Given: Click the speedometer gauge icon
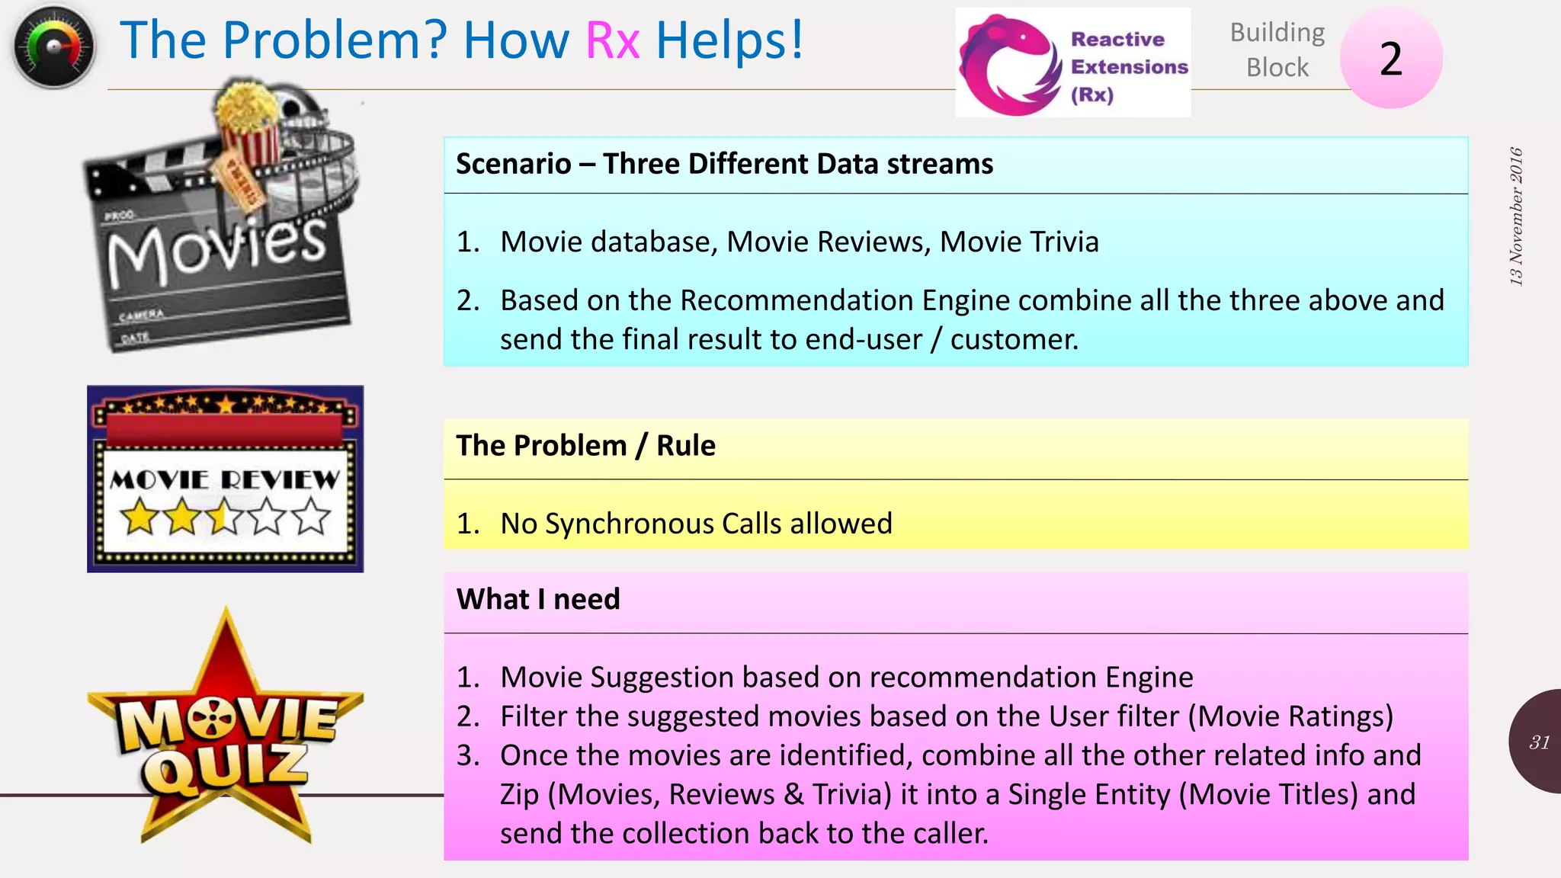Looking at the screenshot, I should pos(53,46).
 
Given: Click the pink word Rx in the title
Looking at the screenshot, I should pos(612,40).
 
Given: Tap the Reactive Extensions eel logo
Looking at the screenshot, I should pos(1009,66).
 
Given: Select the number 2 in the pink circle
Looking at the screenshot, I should pos(1391,59).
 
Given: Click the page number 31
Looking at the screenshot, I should pos(1539,742).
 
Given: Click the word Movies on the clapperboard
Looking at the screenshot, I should pos(217,248).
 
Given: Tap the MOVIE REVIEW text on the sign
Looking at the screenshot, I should pos(225,479).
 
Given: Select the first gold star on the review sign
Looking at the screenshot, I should pos(140,518).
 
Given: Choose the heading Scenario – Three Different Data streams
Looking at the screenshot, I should pos(724,164).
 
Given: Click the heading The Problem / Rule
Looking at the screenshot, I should pos(585,446).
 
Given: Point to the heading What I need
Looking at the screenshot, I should pos(538,600).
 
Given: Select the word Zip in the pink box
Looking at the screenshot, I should pos(519,795).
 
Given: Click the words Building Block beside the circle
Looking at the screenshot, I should pos(1277,50).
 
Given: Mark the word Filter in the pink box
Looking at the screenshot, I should pos(533,716).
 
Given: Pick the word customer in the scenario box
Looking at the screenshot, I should pos(1013,339).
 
